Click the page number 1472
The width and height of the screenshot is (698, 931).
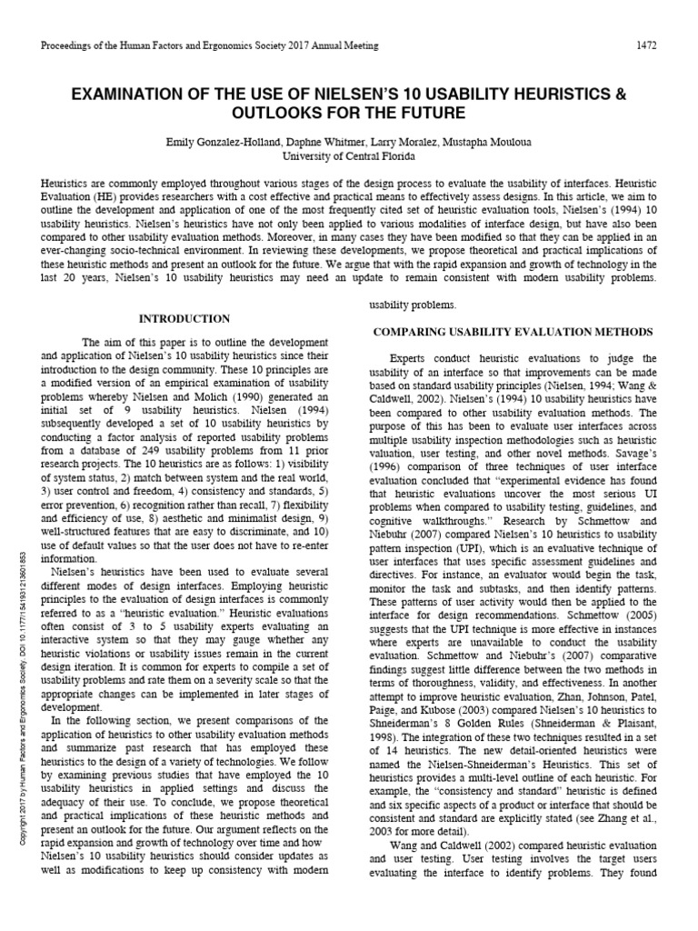tap(646, 45)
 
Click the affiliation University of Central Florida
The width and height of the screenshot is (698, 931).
tap(348, 156)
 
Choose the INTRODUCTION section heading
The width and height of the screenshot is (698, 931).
tap(184, 319)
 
